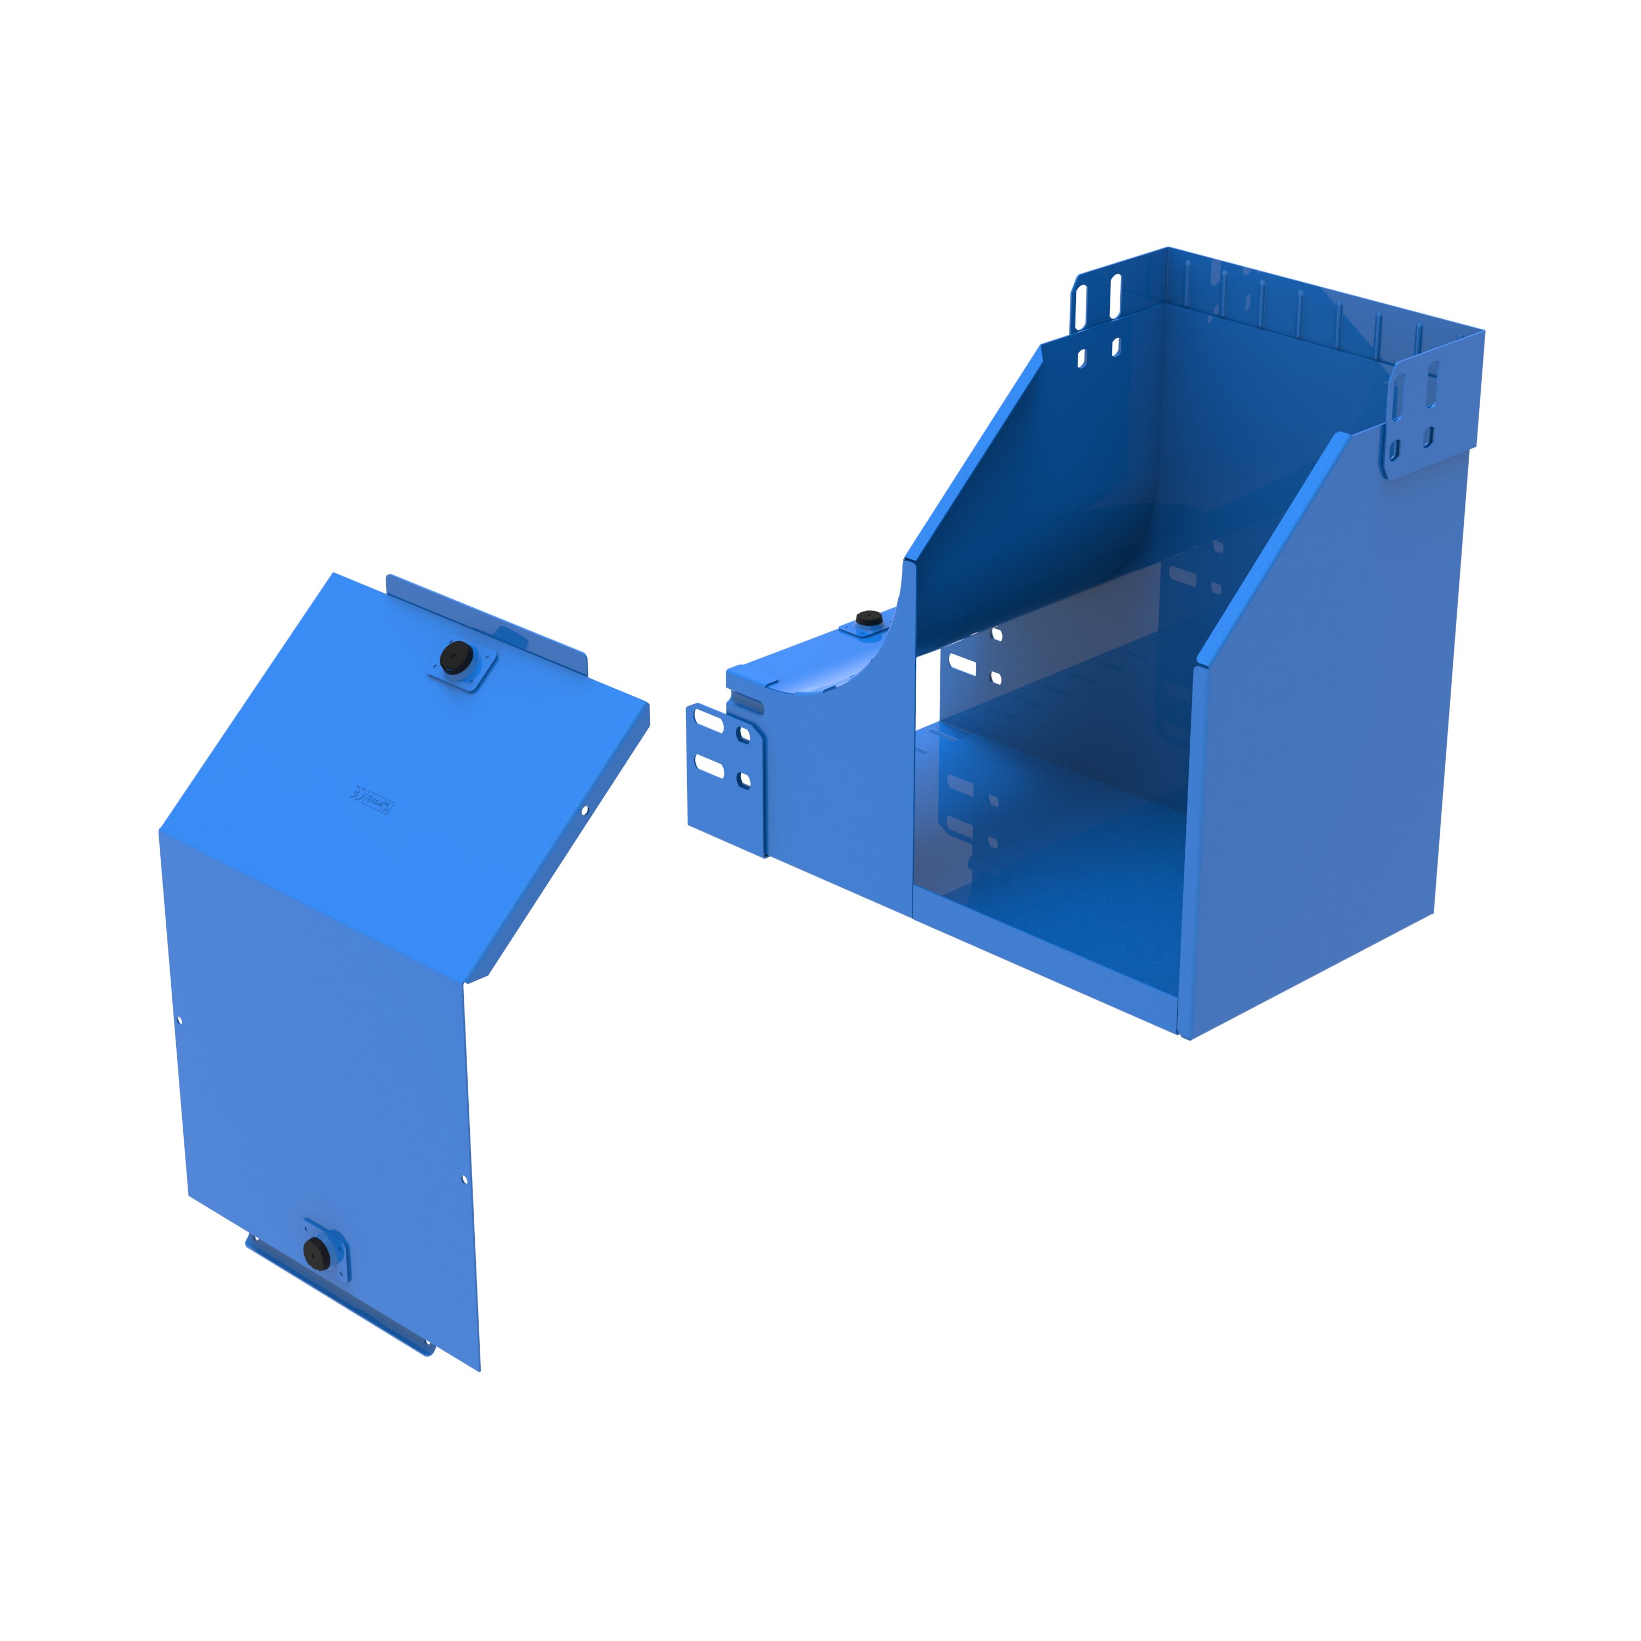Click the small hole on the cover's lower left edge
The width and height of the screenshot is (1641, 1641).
pos(180,1021)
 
